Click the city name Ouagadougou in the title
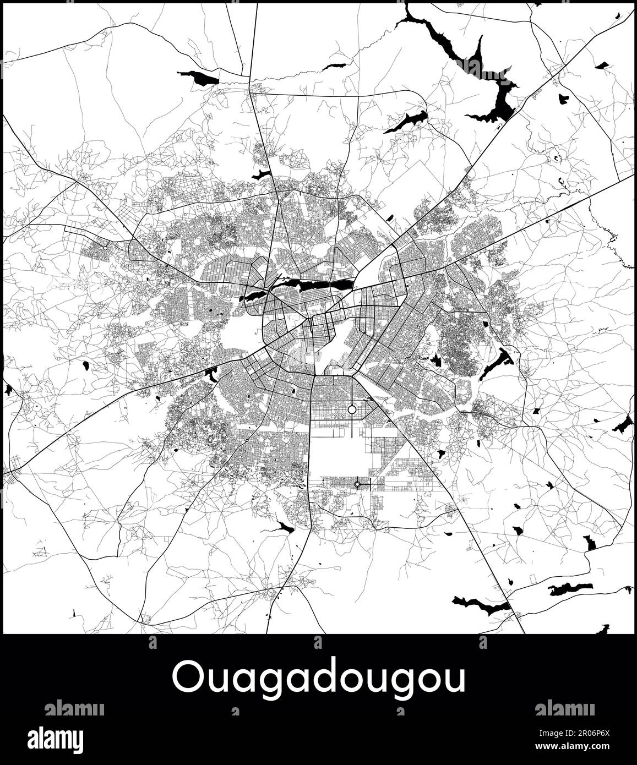(318, 678)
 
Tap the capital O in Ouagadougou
(186, 678)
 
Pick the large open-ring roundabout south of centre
(352, 409)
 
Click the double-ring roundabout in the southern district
(357, 484)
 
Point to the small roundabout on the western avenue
(105, 248)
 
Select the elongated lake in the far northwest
(199, 78)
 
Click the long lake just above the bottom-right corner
(571, 589)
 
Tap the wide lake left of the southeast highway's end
(481, 605)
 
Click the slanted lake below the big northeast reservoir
(406, 122)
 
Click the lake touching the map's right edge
(624, 424)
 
